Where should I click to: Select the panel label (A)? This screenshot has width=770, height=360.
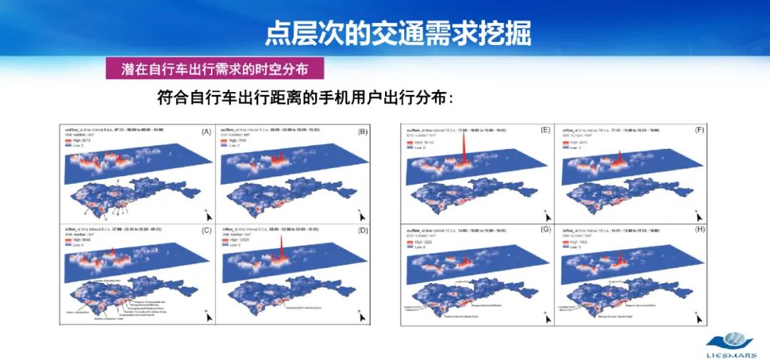pos(206,132)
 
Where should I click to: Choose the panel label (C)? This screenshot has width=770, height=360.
pos(206,230)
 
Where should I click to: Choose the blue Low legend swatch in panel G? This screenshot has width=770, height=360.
pos(411,245)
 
